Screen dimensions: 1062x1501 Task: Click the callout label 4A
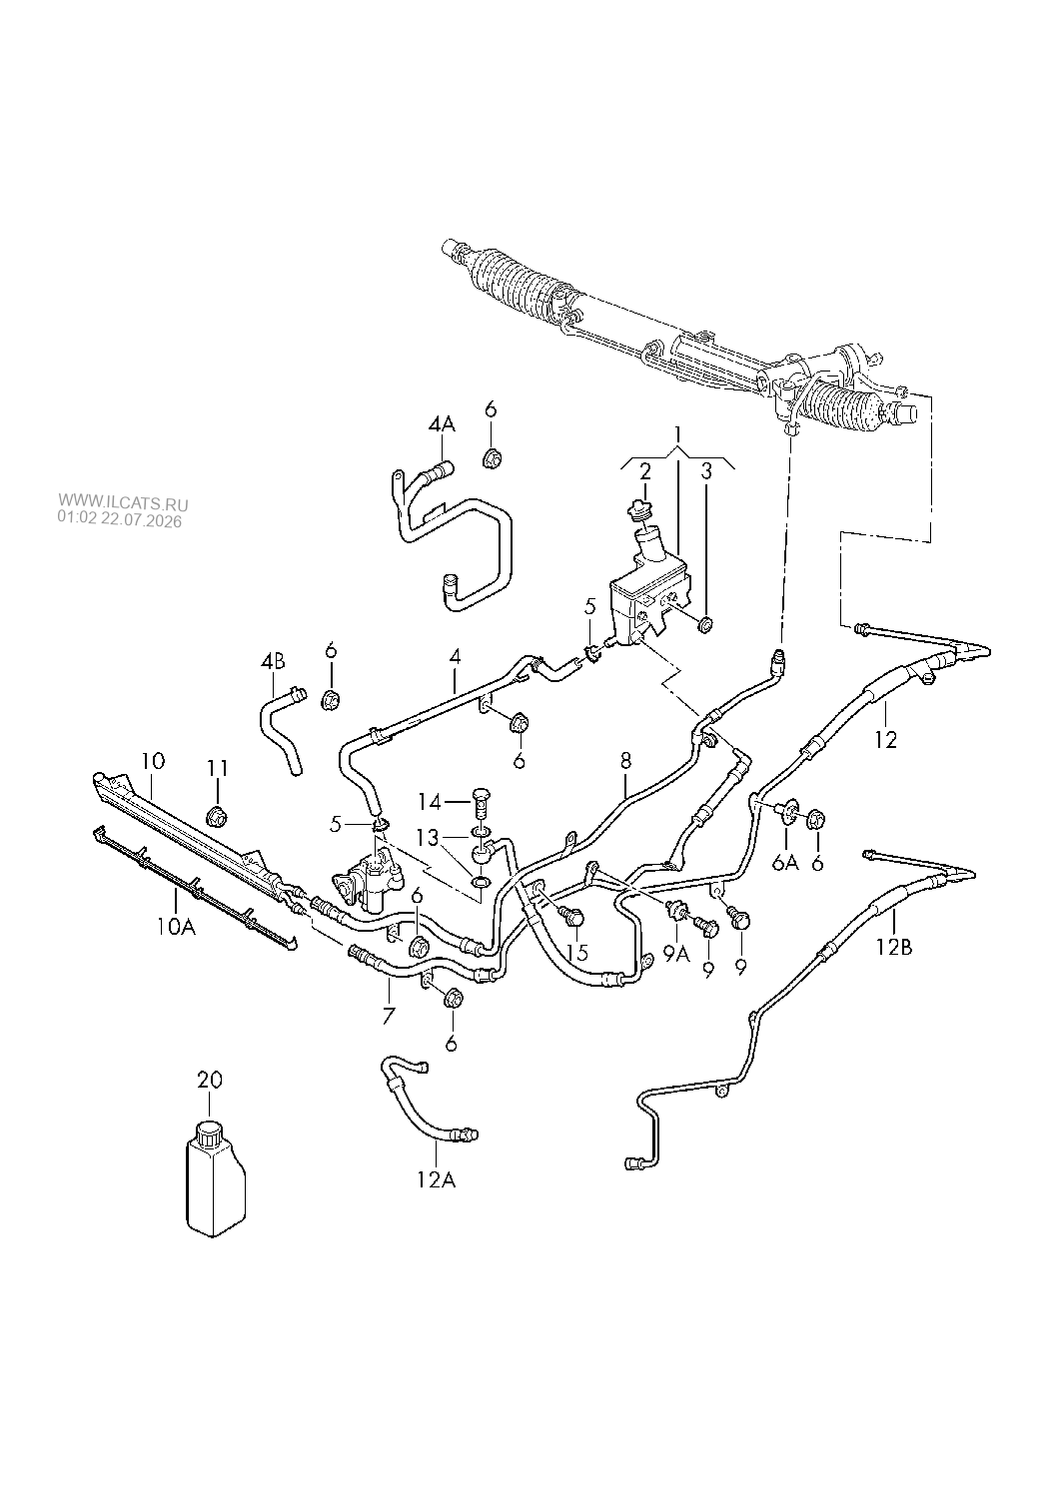point(442,424)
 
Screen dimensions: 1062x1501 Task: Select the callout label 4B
point(273,661)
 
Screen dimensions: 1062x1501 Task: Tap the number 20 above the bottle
point(210,1081)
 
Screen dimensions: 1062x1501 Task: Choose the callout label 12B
point(893,947)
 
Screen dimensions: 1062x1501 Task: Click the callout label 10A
point(176,927)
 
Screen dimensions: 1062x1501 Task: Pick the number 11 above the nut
point(217,768)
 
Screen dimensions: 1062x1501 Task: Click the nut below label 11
point(217,817)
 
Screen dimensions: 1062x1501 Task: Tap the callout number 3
point(706,471)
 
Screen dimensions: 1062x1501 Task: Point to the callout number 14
point(432,801)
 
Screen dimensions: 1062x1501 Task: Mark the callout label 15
point(577,952)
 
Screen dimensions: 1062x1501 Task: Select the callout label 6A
point(785,863)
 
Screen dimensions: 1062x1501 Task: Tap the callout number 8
point(625,760)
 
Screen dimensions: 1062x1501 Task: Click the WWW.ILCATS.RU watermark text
point(123,502)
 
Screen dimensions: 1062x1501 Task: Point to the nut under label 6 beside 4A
point(493,459)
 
